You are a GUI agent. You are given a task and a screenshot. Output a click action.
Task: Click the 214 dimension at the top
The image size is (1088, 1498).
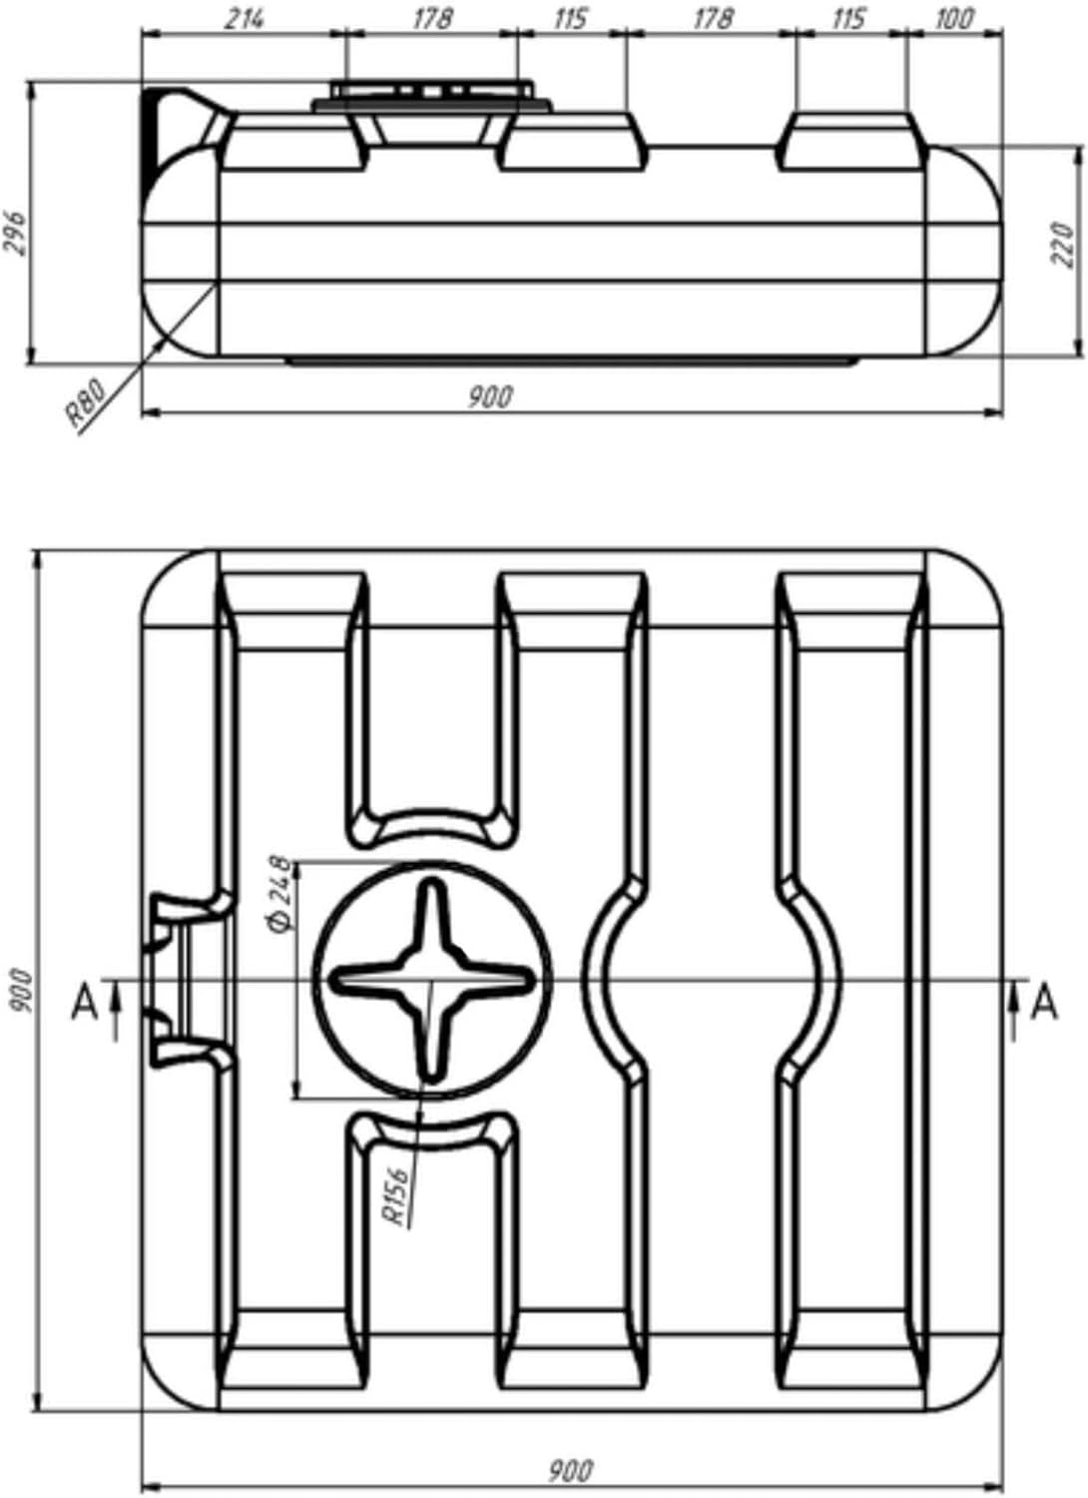point(244,19)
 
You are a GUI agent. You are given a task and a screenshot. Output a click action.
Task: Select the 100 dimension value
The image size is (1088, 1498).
point(953,19)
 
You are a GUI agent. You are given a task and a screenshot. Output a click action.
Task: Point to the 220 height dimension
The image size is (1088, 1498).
point(1063,246)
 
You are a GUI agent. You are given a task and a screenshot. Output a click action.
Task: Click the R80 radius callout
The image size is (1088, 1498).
point(87,402)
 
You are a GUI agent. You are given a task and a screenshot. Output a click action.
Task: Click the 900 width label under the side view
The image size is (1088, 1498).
point(490,397)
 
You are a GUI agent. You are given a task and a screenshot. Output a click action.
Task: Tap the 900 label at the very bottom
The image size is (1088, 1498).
point(570,1466)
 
